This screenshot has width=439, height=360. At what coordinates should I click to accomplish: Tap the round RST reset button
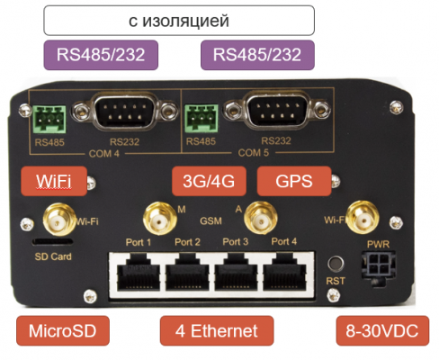336,265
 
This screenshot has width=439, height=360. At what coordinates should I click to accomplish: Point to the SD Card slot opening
53,242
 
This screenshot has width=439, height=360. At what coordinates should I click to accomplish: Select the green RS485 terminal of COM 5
202,119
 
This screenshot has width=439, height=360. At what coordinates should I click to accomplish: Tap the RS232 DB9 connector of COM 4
125,112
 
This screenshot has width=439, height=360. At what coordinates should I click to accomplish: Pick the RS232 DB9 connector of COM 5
277,111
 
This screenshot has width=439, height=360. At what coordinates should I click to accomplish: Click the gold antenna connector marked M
159,219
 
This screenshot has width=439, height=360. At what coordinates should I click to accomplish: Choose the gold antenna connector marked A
260,218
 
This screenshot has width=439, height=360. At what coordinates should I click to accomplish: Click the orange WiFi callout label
54,181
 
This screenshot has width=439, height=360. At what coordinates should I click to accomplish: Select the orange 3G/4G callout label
209,181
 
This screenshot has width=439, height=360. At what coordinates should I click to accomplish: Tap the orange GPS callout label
294,181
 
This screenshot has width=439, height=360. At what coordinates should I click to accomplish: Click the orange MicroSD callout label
63,330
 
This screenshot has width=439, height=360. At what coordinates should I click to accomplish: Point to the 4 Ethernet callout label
217,330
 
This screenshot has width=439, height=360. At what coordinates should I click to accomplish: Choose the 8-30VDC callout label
382,330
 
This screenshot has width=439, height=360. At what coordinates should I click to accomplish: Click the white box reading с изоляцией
179,21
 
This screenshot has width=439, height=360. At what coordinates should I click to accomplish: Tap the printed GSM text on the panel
211,221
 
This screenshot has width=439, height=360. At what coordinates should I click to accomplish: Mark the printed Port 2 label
187,242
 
